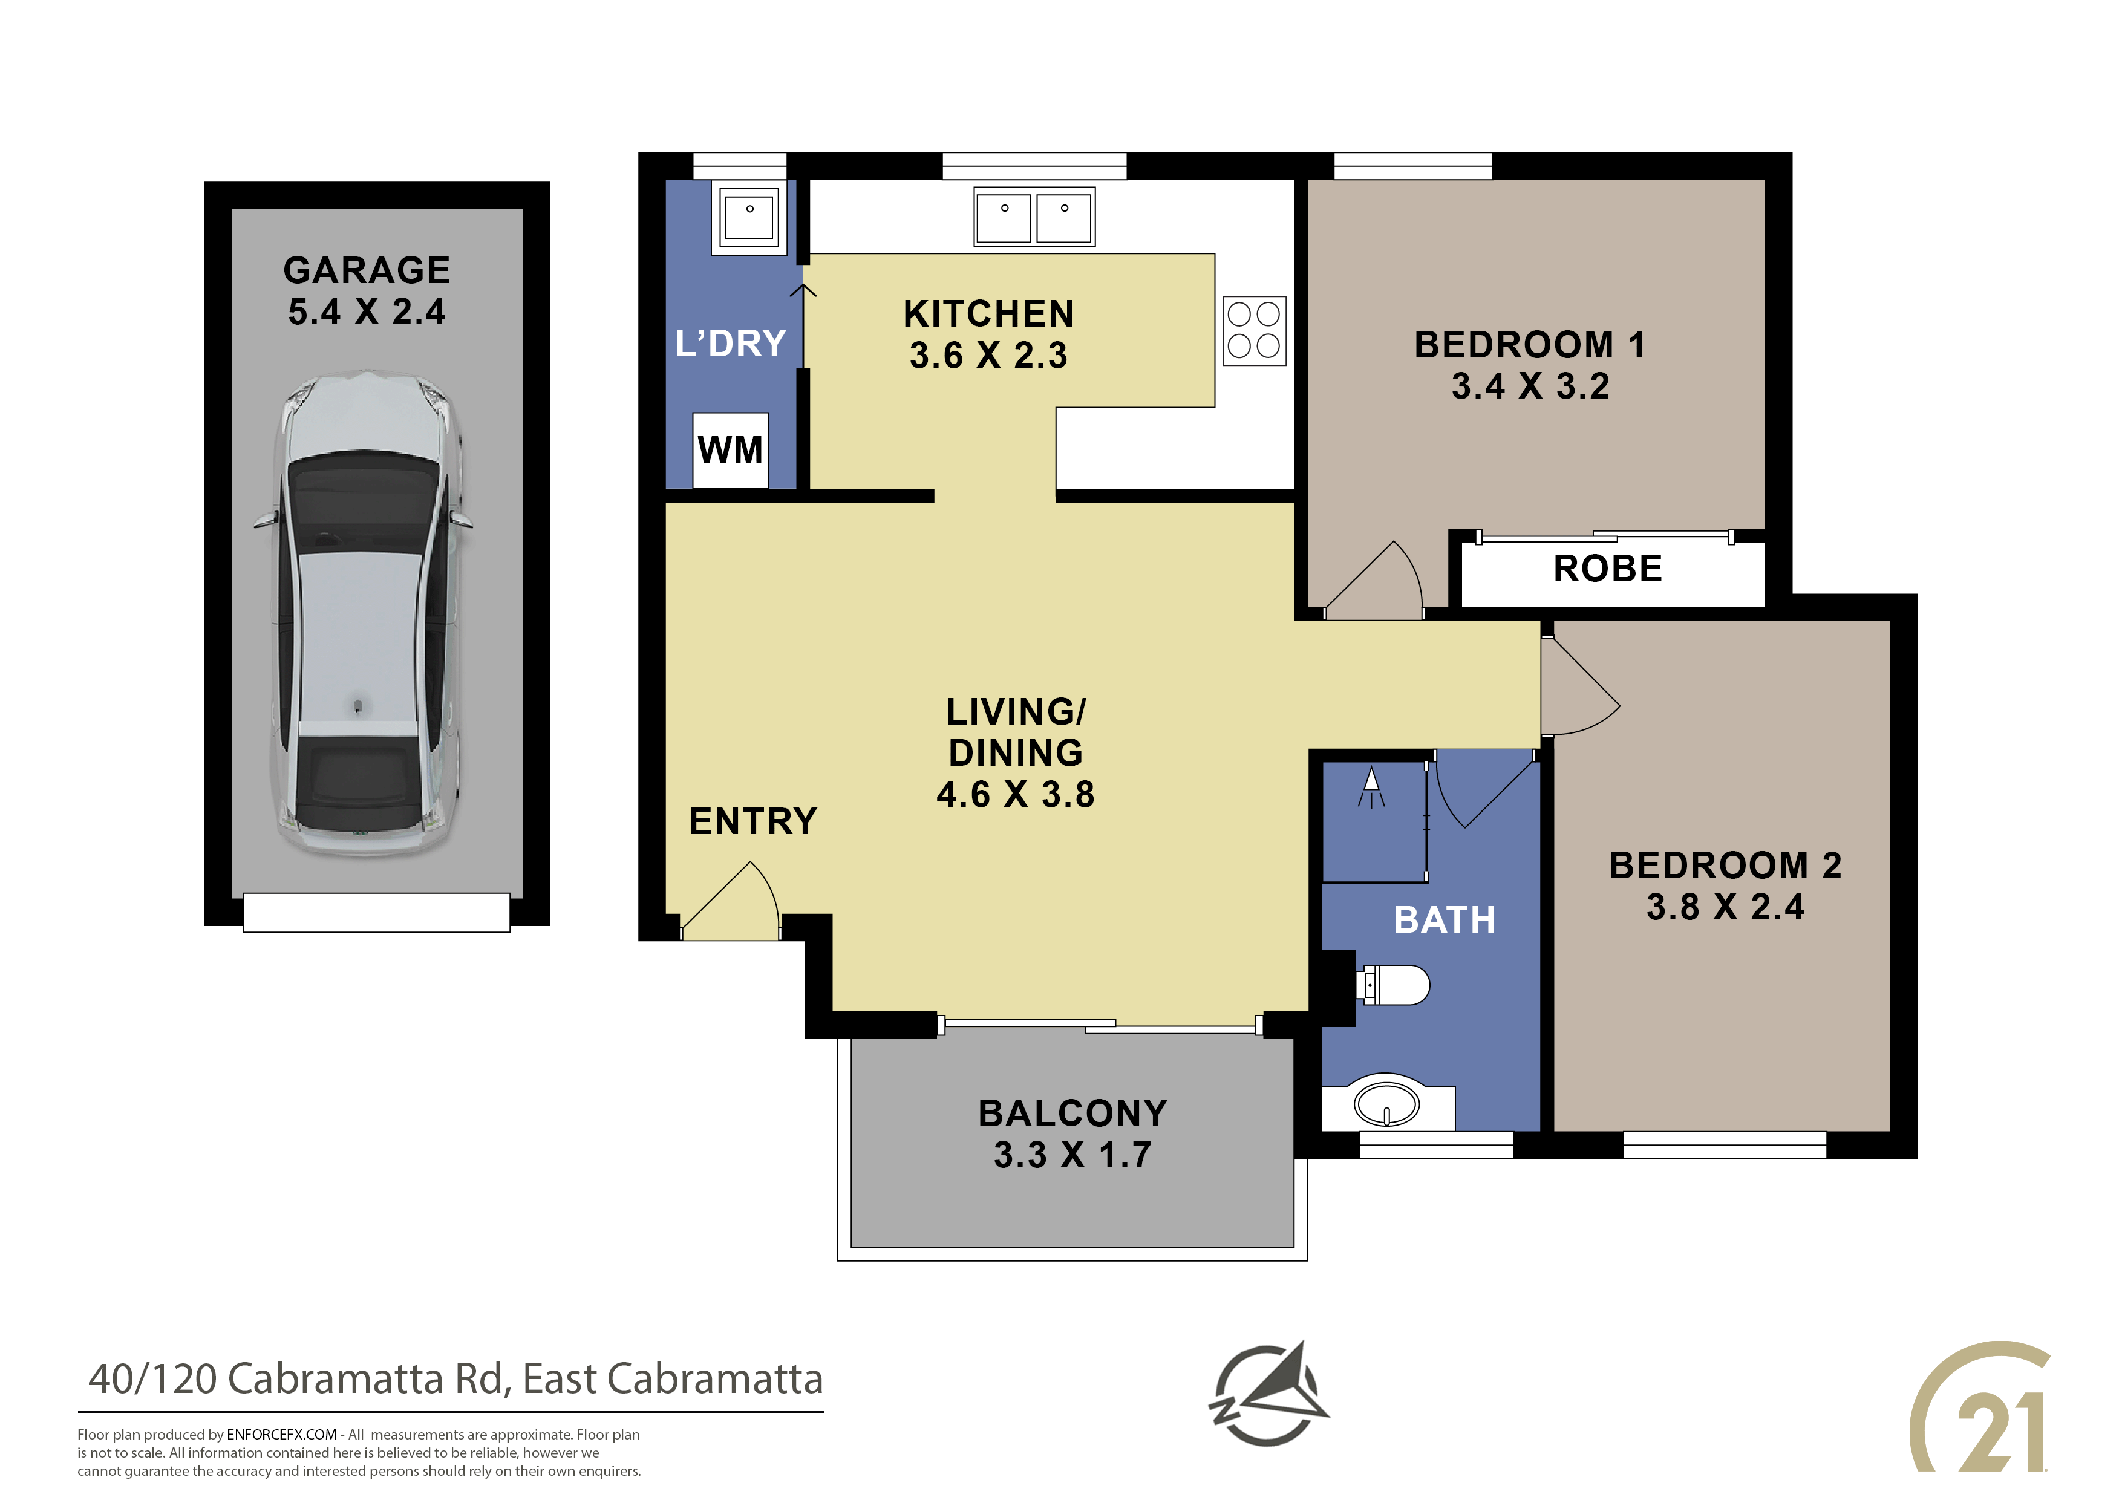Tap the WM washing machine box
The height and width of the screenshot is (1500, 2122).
(x=730, y=450)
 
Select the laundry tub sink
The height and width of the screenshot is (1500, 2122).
(x=749, y=217)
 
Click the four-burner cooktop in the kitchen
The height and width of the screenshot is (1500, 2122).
(x=1254, y=331)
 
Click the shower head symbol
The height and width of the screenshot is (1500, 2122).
(x=1371, y=786)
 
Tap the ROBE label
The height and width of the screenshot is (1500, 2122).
(x=1608, y=569)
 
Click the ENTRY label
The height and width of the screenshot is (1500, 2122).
(x=753, y=821)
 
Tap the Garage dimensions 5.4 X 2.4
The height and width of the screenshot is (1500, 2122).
(x=367, y=312)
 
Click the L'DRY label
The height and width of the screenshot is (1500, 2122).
(x=730, y=344)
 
